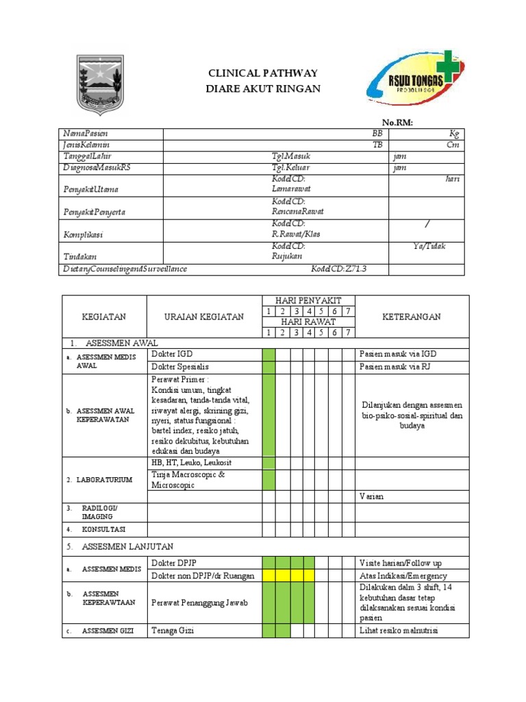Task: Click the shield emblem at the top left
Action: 100,84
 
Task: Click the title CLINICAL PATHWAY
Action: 263,73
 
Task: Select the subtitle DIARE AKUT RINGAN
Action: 263,89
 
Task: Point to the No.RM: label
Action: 397,122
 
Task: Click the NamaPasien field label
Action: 85,134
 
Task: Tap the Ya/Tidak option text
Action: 429,246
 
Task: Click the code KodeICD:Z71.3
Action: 339,269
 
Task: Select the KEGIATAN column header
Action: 104,317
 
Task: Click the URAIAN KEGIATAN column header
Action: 204,317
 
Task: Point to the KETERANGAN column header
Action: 412,317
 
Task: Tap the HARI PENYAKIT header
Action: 308,301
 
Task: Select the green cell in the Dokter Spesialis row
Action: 268,367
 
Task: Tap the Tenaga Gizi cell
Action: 173,630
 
